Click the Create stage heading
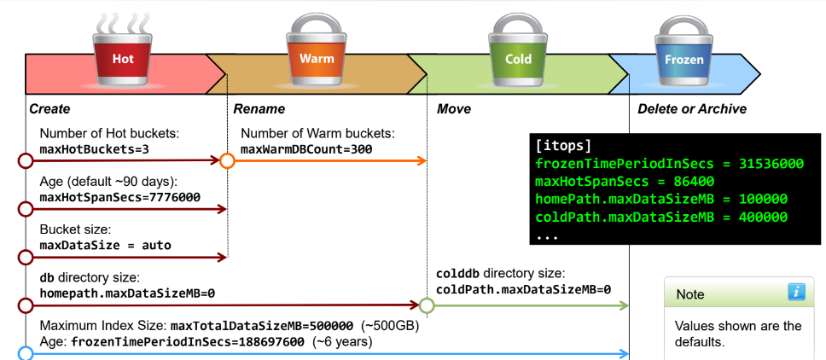[x=49, y=109]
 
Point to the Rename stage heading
[x=259, y=109]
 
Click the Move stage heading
[x=454, y=109]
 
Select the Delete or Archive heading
[x=692, y=109]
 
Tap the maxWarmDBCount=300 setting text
[x=306, y=149]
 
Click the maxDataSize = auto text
[x=105, y=246]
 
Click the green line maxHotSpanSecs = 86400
[x=625, y=181]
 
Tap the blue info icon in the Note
[x=796, y=292]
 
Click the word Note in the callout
[x=690, y=294]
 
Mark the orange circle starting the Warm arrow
[x=227, y=160]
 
